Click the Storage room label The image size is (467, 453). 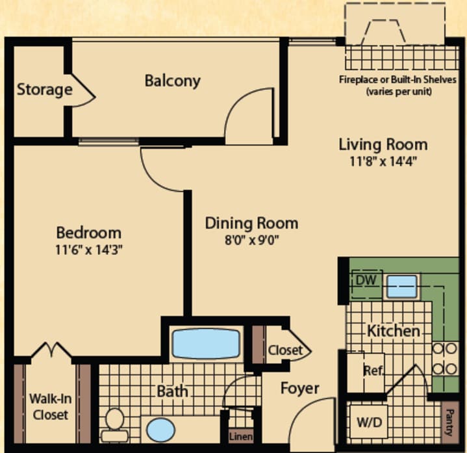44,89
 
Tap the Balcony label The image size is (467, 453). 172,81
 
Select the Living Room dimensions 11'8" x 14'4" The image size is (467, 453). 383,161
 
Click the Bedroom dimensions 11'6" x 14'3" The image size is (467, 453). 88,249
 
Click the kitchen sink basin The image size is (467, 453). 401,286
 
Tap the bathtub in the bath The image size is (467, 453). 206,343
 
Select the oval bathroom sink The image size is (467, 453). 160,430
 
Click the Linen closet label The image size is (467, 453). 240,436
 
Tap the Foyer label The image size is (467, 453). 299,389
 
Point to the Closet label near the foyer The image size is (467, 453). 285,350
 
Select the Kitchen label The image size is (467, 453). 393,331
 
